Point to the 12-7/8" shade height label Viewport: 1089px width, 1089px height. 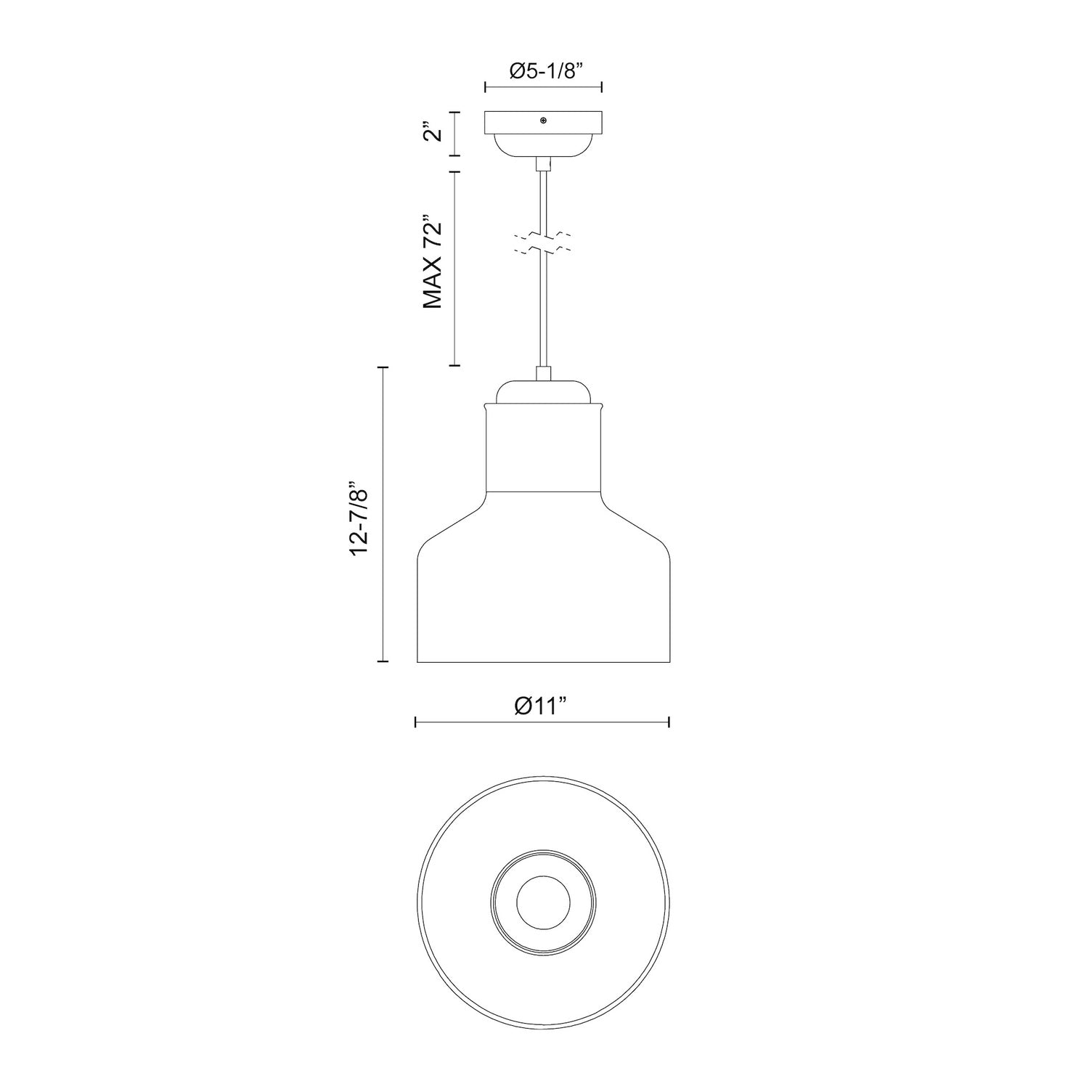361,518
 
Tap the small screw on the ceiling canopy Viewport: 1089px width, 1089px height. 543,121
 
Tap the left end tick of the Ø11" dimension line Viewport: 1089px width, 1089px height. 415,722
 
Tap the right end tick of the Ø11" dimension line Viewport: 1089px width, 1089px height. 669,722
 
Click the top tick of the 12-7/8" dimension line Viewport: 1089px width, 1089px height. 383,369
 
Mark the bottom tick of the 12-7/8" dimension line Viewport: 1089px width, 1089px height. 383,661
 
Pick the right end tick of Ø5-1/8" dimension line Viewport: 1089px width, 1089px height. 602,88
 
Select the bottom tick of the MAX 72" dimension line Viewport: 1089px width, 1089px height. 454,365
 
